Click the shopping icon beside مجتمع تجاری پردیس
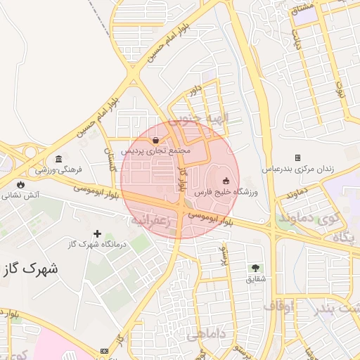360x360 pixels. tap(155, 141)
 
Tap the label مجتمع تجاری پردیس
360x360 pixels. tap(156, 151)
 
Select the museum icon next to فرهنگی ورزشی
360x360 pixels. tap(58, 159)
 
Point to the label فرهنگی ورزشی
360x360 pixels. tap(60, 169)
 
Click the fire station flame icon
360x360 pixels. tap(21, 184)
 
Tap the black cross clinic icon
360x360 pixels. tap(97, 233)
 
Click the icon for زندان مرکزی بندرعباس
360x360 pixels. tap(297, 158)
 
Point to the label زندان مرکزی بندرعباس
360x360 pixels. tap(298, 169)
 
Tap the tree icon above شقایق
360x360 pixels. tap(255, 268)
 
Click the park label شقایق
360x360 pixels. tap(255, 278)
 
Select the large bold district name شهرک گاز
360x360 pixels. tap(31, 268)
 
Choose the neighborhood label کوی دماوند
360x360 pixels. tap(306, 218)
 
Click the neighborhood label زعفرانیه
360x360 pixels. tap(152, 219)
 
